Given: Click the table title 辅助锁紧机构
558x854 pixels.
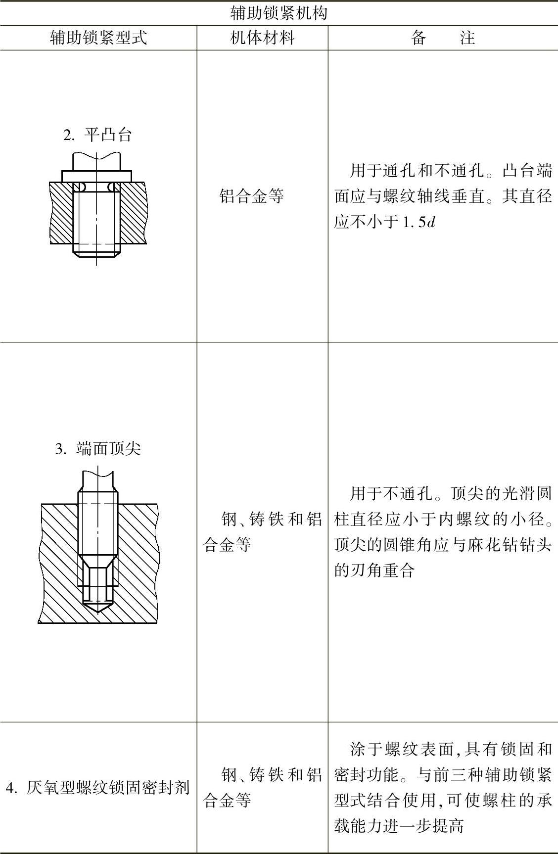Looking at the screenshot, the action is pyautogui.click(x=279, y=13).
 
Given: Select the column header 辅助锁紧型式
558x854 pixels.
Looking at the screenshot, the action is pyautogui.click(x=98, y=38).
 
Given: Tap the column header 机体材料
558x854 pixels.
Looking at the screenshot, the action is pyautogui.click(x=262, y=38).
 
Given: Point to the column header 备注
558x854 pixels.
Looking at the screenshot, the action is pyautogui.click(x=443, y=38).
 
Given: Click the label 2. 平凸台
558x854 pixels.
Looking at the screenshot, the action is pyautogui.click(x=97, y=135).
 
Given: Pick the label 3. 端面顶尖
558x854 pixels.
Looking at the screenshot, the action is pyautogui.click(x=98, y=449).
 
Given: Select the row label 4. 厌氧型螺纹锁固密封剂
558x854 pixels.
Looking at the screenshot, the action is pyautogui.click(x=97, y=787).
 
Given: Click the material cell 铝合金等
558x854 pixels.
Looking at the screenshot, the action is pyautogui.click(x=251, y=196).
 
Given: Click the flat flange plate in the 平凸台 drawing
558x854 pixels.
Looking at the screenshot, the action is pyautogui.click(x=96, y=176).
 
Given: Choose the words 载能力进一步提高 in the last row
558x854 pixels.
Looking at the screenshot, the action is pyautogui.click(x=399, y=826).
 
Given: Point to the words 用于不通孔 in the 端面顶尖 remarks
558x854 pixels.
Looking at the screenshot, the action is pyautogui.click(x=391, y=493).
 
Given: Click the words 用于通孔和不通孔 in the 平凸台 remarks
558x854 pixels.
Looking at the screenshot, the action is pyautogui.click(x=416, y=171).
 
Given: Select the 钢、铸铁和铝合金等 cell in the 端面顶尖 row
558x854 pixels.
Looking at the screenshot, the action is pyautogui.click(x=262, y=532).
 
